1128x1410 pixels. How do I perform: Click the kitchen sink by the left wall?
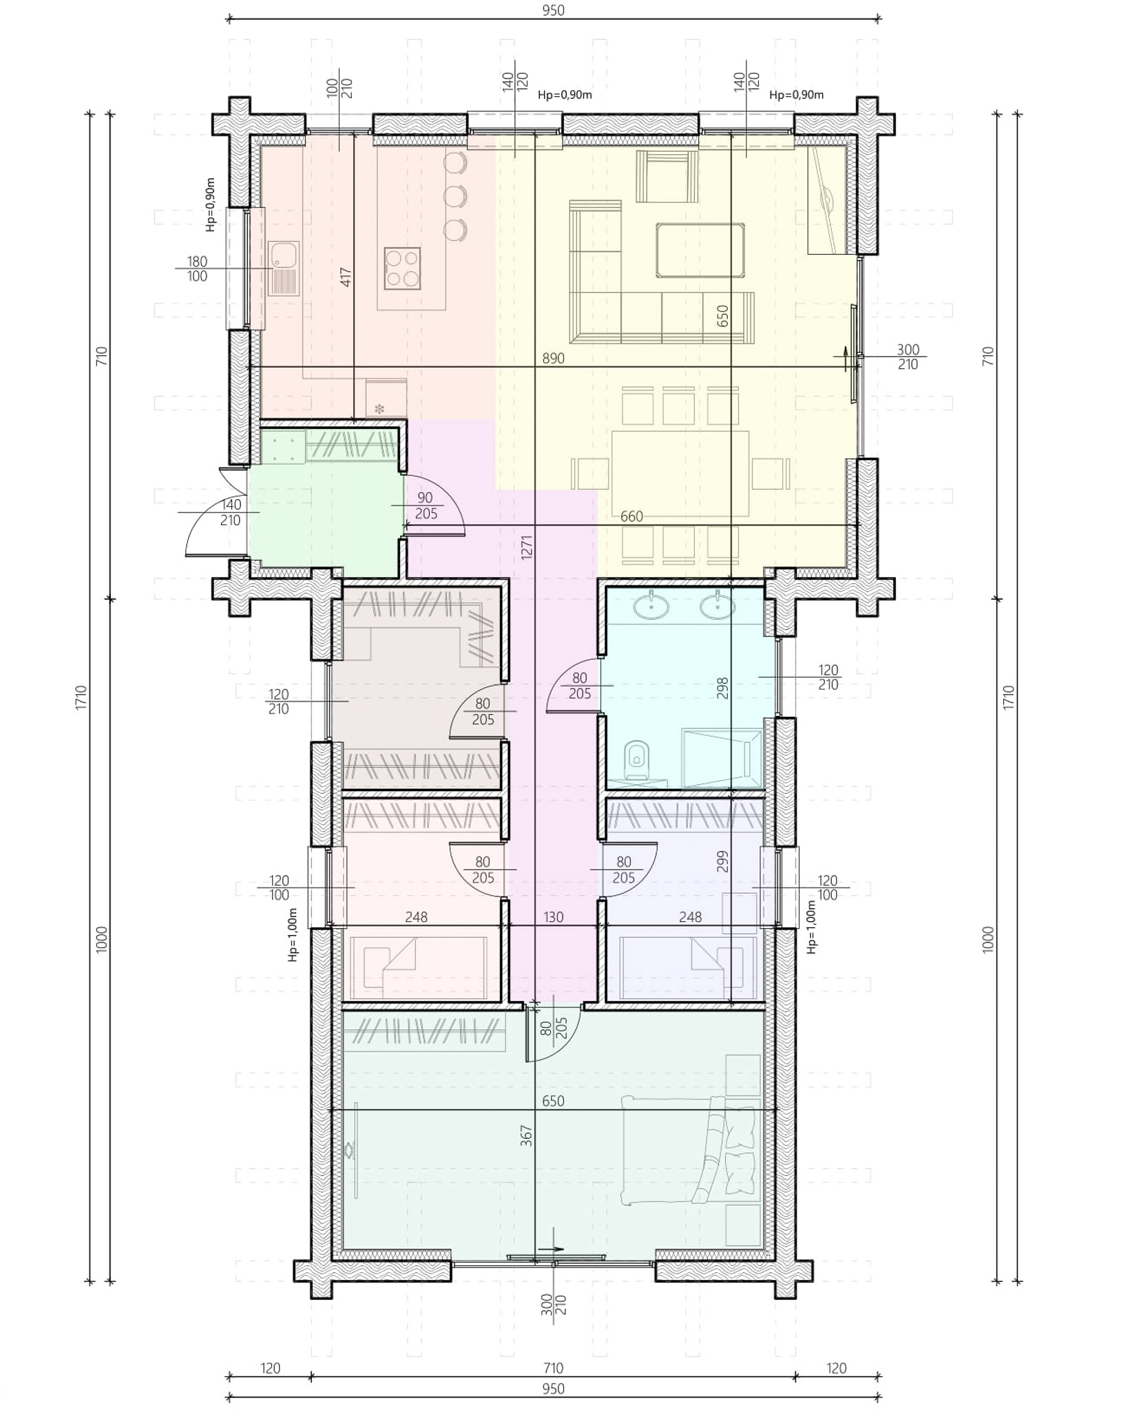pyautogui.click(x=284, y=269)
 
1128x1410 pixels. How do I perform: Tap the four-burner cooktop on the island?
pyautogui.click(x=402, y=269)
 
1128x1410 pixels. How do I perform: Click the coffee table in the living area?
pyautogui.click(x=700, y=249)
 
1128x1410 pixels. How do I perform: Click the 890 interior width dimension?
pyautogui.click(x=553, y=358)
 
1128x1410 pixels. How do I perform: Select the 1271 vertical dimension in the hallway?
pyautogui.click(x=527, y=547)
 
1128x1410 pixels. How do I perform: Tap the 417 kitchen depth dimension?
pyautogui.click(x=346, y=277)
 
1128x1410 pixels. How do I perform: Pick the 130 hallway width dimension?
pyautogui.click(x=553, y=916)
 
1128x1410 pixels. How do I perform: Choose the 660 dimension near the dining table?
pyautogui.click(x=631, y=516)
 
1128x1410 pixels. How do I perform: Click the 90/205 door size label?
pyautogui.click(x=426, y=505)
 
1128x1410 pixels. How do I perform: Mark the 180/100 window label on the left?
pyautogui.click(x=197, y=269)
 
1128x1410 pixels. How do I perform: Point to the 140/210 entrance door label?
pyautogui.click(x=230, y=512)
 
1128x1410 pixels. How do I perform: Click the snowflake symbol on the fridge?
pyautogui.click(x=379, y=409)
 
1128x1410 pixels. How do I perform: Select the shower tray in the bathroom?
pyautogui.click(x=722, y=757)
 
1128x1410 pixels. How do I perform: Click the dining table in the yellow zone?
pyautogui.click(x=680, y=474)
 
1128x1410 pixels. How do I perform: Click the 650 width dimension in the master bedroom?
pyautogui.click(x=553, y=1101)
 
